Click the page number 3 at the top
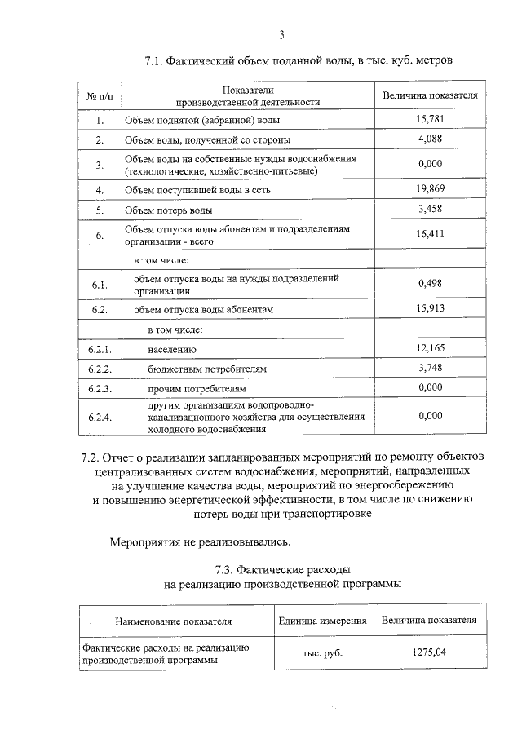282,34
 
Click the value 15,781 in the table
429,120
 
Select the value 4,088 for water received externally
429,139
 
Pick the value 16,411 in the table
429,234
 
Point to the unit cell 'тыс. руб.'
321,653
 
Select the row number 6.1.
99,284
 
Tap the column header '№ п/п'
99,95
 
